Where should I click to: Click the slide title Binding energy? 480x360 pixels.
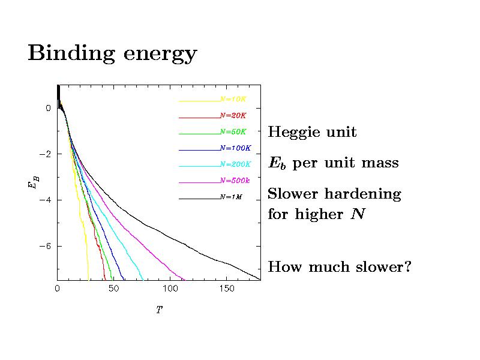point(112,54)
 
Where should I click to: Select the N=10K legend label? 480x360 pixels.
point(233,98)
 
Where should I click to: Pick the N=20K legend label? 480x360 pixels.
point(233,115)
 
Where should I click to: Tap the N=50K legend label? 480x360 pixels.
point(233,131)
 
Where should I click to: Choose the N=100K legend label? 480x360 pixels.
point(235,147)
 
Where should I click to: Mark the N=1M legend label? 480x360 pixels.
point(231,196)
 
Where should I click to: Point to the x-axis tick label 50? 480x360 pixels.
point(113,289)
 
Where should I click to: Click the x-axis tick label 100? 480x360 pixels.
point(170,289)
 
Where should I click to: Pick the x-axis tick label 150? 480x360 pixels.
point(226,289)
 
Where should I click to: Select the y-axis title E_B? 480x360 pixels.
point(31,182)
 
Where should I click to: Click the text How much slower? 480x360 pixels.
point(340,266)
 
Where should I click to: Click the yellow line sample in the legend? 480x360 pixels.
point(199,100)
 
